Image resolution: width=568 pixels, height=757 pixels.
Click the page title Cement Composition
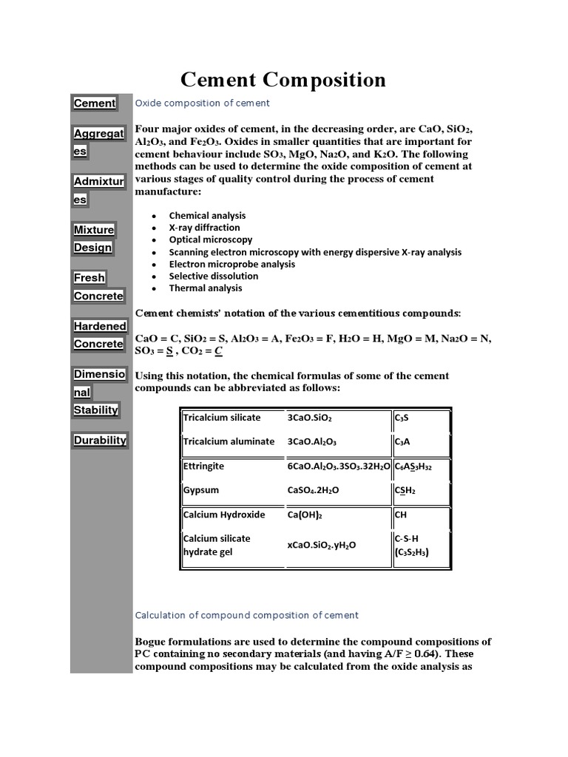[x=283, y=80]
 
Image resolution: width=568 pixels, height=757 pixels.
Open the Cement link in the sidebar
[x=94, y=103]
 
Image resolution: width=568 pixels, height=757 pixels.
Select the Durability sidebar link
[x=100, y=441]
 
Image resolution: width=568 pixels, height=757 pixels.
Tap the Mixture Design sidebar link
[x=94, y=239]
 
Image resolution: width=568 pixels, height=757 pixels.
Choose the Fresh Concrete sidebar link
[x=98, y=287]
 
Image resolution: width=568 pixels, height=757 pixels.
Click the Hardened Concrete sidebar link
[x=100, y=335]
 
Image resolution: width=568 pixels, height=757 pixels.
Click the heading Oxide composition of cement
[x=202, y=103]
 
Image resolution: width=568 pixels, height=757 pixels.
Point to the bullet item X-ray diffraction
[x=204, y=228]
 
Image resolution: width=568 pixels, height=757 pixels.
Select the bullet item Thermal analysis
[x=205, y=288]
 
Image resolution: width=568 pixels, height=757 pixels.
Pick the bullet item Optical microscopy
[x=210, y=240]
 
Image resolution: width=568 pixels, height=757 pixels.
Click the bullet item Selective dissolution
[x=213, y=276]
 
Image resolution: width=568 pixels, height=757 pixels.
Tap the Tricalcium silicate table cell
[x=222, y=418]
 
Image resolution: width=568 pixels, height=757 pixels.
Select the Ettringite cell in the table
[x=203, y=466]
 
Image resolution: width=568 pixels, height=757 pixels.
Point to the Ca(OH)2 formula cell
[x=305, y=515]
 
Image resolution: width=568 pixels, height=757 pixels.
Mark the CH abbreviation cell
[x=401, y=515]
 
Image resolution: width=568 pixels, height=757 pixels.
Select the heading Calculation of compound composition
[x=246, y=615]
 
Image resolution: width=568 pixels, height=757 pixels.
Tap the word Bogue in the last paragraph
[x=152, y=642]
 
